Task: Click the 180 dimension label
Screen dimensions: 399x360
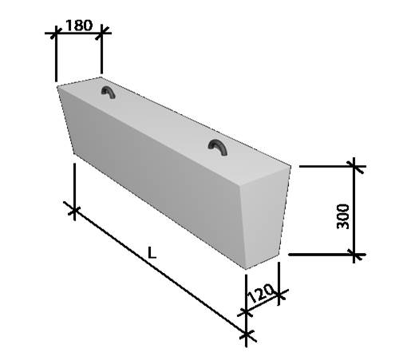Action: pos(79,26)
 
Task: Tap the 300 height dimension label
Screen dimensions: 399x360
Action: pos(343,216)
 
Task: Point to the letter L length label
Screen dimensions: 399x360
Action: pos(152,252)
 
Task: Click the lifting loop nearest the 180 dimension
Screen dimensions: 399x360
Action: pos(108,92)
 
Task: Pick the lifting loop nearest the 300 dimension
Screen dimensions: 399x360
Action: pos(218,147)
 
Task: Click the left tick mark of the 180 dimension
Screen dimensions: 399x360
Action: pos(56,33)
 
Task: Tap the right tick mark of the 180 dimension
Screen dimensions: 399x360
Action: pos(101,33)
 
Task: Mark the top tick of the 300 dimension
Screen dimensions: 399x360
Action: pos(354,166)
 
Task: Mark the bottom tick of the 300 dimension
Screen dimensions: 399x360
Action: pos(354,255)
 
